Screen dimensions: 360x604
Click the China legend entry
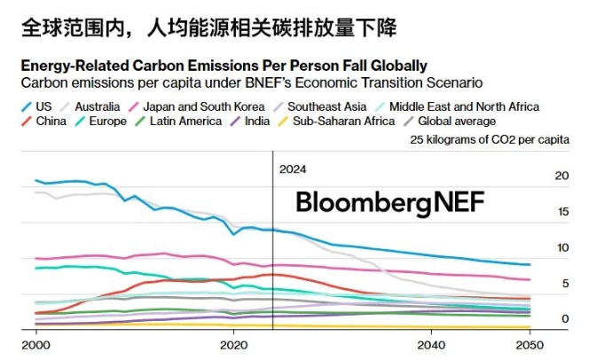click(x=51, y=121)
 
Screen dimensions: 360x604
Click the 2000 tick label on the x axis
click(x=35, y=344)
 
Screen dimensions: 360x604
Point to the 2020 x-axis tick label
click(x=233, y=344)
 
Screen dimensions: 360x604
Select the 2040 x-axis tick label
click(x=431, y=344)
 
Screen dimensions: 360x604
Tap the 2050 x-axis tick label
click(x=529, y=344)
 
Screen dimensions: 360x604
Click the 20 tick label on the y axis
click(x=561, y=176)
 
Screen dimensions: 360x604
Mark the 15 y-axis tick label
click(x=561, y=211)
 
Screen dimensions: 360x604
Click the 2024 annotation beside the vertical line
click(x=292, y=168)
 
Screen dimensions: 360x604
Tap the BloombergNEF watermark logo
click(x=390, y=202)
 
